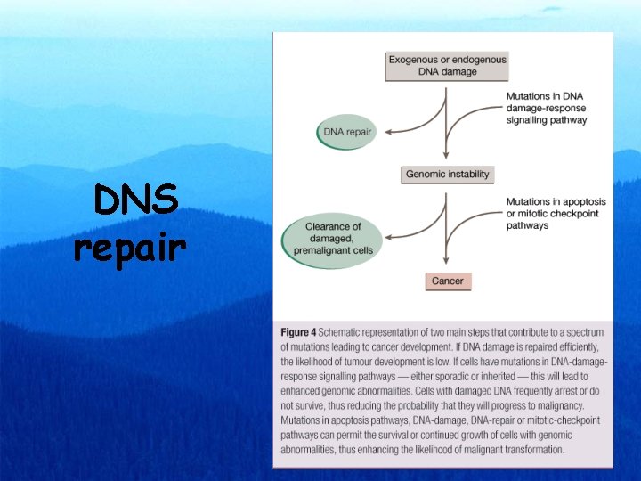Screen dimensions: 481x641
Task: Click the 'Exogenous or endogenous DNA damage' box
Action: click(447, 66)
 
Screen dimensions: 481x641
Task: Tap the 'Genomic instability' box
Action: click(447, 174)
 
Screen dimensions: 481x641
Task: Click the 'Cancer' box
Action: click(447, 281)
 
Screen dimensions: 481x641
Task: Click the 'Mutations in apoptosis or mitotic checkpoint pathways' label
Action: click(551, 214)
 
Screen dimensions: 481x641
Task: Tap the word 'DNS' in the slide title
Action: click(136, 202)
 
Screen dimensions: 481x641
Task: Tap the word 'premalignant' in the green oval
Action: click(334, 251)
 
